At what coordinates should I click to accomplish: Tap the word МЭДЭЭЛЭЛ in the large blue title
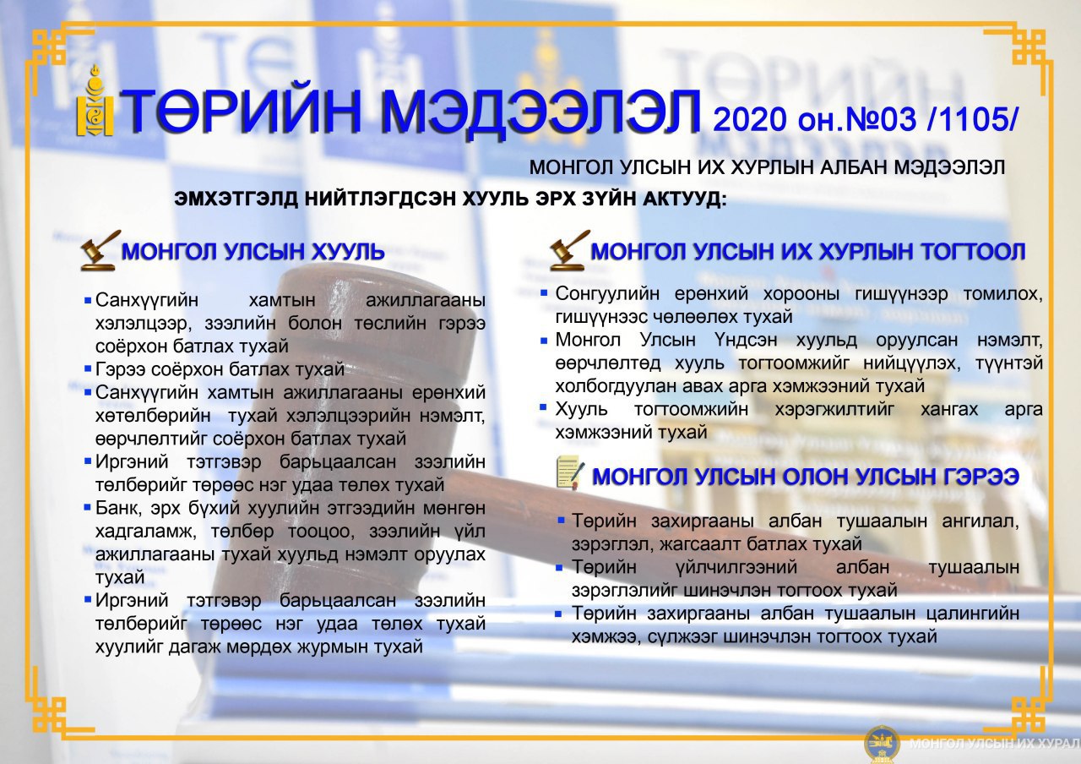[x=540, y=112]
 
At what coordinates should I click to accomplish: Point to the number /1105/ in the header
[x=972, y=119]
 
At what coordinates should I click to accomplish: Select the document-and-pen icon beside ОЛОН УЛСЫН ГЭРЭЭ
[x=570, y=472]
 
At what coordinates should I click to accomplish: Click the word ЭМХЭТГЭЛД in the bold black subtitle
[x=236, y=199]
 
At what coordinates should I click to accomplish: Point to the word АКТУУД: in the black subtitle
[x=684, y=199]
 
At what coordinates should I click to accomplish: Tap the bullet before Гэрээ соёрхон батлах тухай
[x=88, y=369]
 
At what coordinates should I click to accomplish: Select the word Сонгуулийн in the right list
[x=607, y=293]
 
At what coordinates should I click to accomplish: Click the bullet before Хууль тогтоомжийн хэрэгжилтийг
[x=543, y=407]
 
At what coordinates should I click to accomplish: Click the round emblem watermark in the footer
[x=881, y=744]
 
